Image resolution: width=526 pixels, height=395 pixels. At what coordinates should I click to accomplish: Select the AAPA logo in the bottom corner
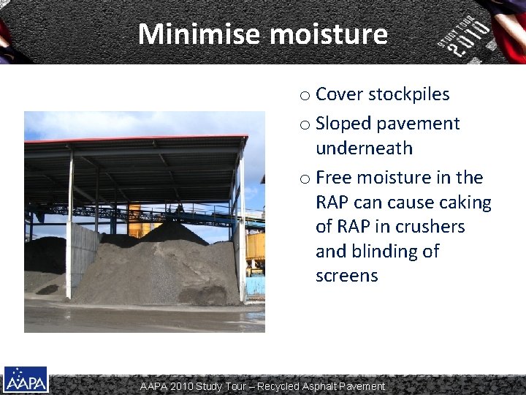[26, 380]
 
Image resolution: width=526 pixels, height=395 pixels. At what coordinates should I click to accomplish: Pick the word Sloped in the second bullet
[343, 124]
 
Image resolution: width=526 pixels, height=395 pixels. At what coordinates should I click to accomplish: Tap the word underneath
[364, 148]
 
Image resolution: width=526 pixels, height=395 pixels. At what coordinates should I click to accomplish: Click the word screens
[346, 276]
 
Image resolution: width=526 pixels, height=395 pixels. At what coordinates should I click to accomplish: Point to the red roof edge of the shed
[136, 139]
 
